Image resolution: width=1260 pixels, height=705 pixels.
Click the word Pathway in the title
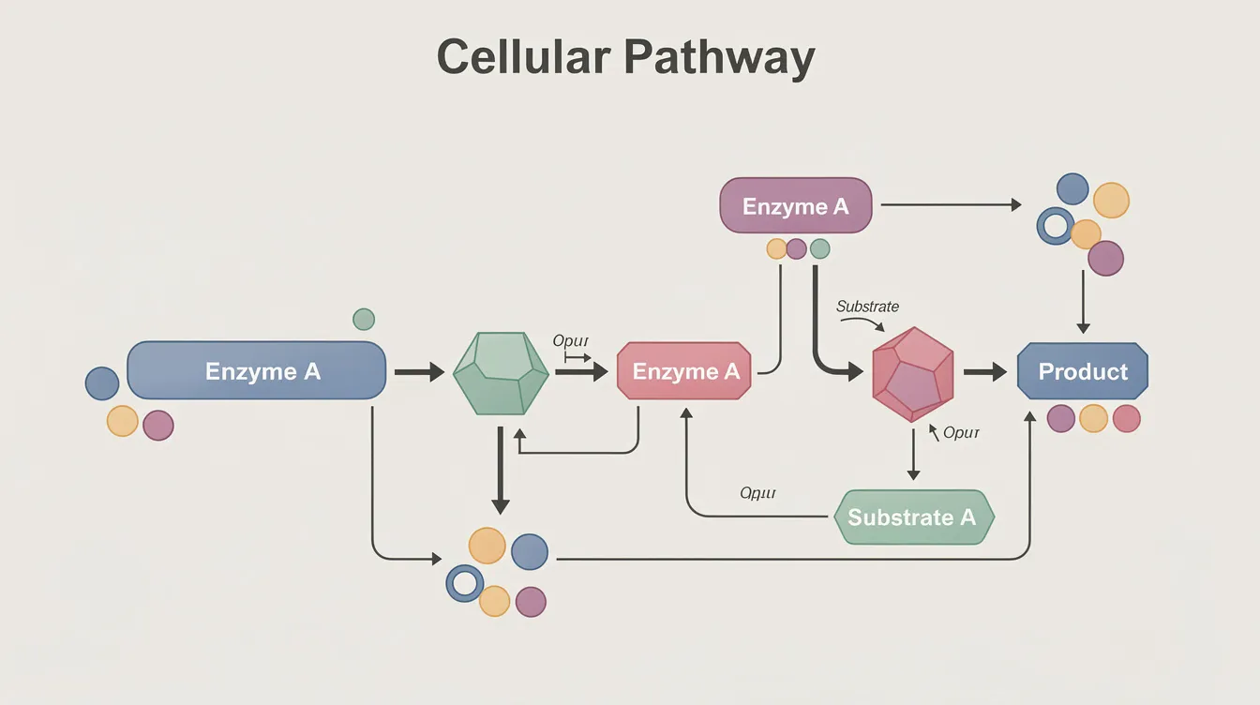tap(719, 59)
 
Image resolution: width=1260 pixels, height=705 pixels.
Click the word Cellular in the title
tap(523, 58)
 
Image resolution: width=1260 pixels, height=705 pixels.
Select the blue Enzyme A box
tap(256, 371)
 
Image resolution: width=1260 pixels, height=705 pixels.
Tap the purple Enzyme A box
tap(795, 206)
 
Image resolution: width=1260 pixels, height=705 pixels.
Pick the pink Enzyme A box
tap(684, 372)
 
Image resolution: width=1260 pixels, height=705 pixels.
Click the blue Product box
tap(1083, 371)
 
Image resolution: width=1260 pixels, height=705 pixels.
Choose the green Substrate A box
tap(912, 517)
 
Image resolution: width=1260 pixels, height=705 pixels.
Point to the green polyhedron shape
tap(501, 372)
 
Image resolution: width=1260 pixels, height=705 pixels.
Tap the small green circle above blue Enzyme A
tap(364, 319)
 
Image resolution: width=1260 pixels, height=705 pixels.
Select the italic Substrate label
tap(867, 307)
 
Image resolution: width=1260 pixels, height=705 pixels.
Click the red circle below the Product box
tap(1126, 418)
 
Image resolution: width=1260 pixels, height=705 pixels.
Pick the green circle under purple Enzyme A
tap(819, 248)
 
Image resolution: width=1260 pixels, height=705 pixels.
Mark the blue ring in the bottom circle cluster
tap(463, 583)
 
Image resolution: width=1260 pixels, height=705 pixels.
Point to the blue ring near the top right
tap(1056, 226)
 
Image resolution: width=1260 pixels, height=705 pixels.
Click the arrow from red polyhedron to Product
tap(984, 372)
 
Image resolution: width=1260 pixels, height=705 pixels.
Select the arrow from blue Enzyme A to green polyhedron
tap(418, 372)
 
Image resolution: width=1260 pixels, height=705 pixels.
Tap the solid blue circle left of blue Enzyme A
tap(102, 383)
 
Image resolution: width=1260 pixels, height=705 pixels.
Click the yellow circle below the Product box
tap(1093, 418)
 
